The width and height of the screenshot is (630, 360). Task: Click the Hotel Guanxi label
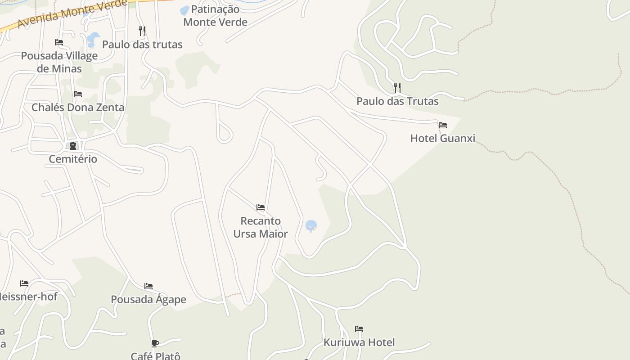click(x=442, y=138)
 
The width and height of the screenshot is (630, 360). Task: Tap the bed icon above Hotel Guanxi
click(x=443, y=125)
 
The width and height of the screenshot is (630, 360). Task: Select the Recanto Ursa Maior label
click(x=261, y=227)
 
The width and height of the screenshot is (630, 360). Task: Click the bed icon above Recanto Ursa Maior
click(x=261, y=207)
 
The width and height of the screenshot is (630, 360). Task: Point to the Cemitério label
click(x=73, y=159)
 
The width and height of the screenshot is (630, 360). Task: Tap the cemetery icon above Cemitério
click(x=72, y=146)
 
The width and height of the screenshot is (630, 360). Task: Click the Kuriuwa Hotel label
click(x=359, y=342)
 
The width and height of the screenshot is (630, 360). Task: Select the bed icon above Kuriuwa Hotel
click(x=359, y=329)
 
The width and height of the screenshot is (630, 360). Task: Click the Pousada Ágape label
click(x=148, y=300)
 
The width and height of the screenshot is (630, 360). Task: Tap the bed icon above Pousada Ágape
click(x=148, y=286)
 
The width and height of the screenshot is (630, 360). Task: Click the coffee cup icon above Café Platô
click(x=155, y=344)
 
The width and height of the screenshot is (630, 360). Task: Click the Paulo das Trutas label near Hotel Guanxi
click(x=397, y=101)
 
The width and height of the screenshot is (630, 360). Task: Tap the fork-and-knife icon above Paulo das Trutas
click(x=397, y=87)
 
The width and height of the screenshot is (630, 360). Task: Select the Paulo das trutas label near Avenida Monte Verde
click(x=142, y=45)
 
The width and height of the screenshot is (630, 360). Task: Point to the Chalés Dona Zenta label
click(x=78, y=108)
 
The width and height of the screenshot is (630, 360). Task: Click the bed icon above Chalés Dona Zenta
click(x=78, y=94)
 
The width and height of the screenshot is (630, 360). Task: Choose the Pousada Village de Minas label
click(x=59, y=62)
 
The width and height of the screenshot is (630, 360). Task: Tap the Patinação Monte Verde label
click(x=216, y=16)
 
